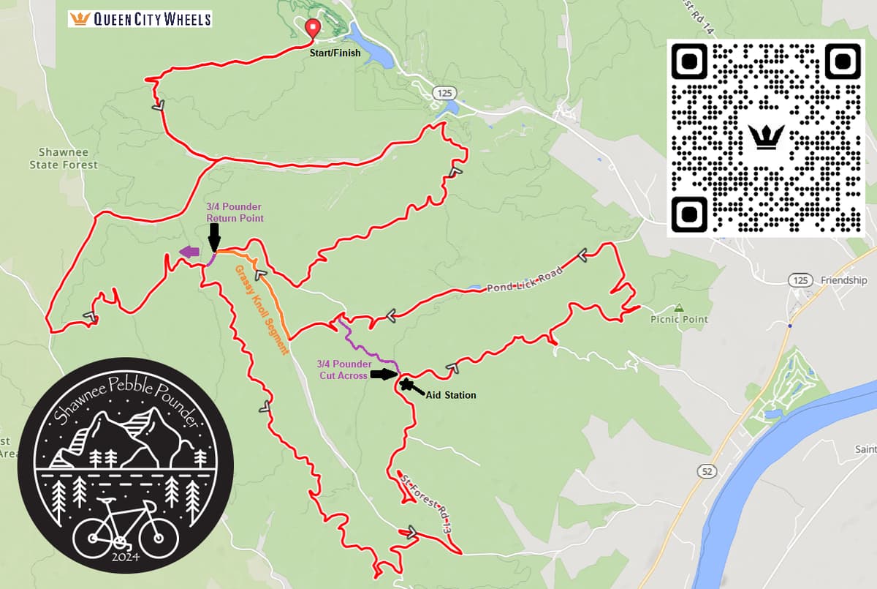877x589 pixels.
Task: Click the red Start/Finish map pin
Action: point(314,28)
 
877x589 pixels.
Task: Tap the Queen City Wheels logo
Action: point(140,18)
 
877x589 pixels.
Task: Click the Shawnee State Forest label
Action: point(64,159)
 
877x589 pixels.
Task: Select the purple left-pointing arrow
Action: point(189,252)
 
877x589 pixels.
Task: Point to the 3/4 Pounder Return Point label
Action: point(234,212)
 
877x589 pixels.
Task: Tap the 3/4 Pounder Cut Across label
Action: point(344,369)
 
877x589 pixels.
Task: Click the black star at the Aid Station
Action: point(405,383)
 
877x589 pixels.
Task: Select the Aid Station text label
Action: point(450,395)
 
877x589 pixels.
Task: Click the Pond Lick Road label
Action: point(525,280)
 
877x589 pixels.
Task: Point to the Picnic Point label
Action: point(679,319)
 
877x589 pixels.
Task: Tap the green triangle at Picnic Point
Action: point(679,307)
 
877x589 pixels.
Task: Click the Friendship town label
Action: point(843,280)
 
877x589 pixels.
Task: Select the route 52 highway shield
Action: point(706,472)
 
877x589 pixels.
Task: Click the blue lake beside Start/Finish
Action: point(372,45)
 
